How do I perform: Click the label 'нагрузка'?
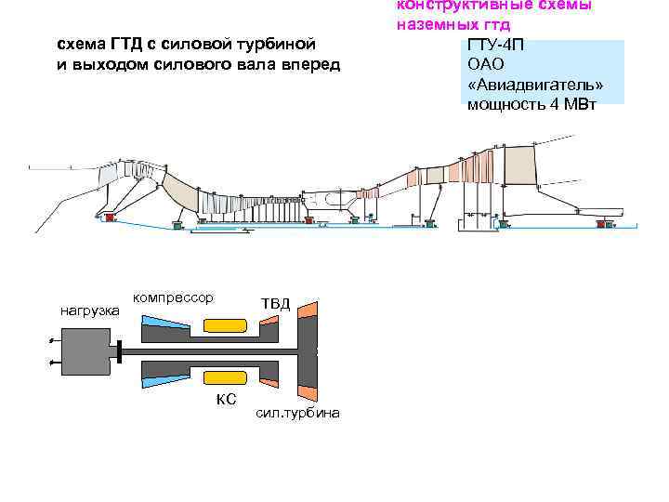[89, 310]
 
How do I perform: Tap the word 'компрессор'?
[173, 297]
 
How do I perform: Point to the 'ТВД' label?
[275, 304]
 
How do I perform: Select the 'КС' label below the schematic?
[226, 399]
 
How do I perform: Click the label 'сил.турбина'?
[297, 413]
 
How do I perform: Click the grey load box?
[87, 352]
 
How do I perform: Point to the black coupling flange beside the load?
[120, 352]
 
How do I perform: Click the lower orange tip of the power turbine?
[306, 390]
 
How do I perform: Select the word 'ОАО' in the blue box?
[486, 65]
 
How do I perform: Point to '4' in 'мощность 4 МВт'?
[554, 103]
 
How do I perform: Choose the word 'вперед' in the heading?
[313, 64]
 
